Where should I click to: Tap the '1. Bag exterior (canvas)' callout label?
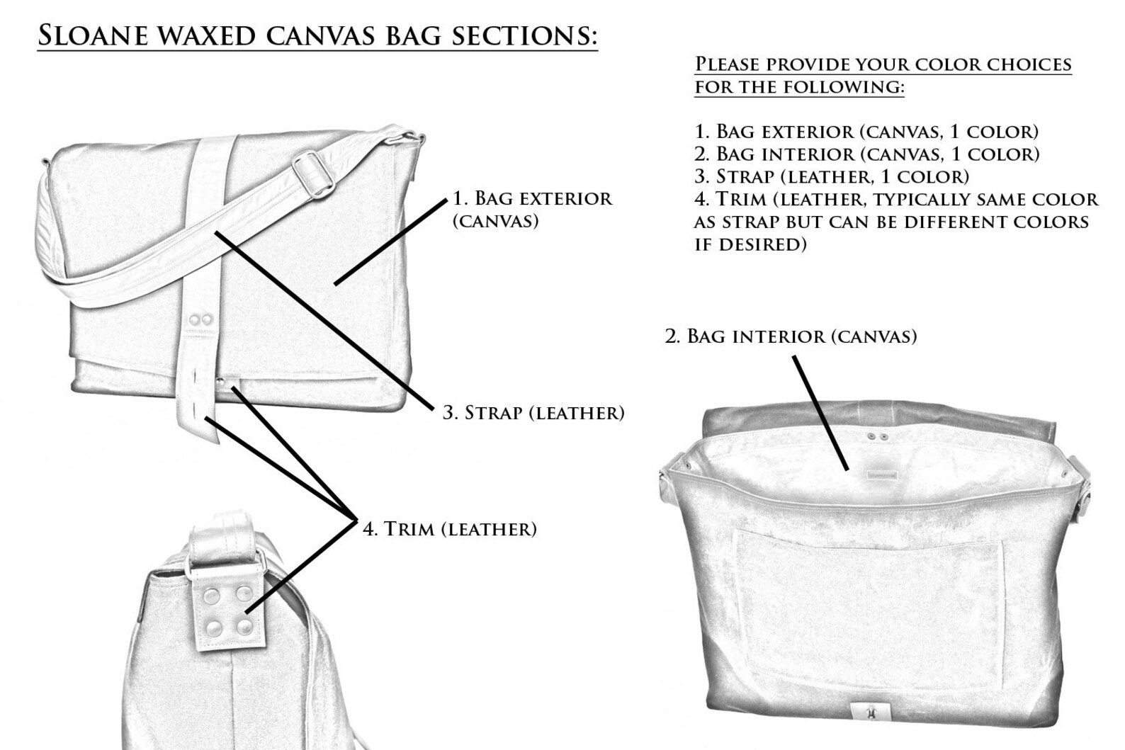coord(532,208)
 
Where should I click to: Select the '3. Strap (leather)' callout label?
coord(533,412)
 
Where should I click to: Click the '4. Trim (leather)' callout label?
coord(449,528)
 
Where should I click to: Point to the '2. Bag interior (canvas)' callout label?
coord(791,336)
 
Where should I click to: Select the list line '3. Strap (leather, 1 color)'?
coord(831,176)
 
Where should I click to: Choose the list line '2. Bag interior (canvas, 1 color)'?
coord(866,154)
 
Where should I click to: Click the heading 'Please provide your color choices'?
coord(882,64)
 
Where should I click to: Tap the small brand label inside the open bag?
coord(881,475)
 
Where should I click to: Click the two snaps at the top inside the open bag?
coord(877,438)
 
